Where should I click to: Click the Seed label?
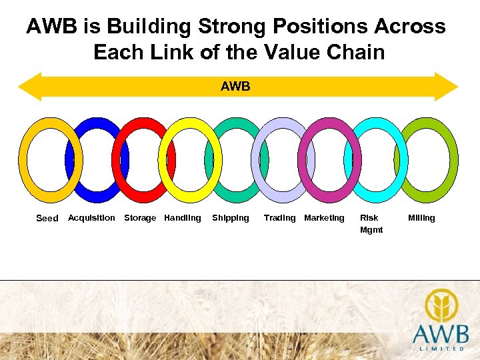[47, 218]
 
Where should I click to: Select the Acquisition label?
[91, 218]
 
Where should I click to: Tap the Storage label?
[140, 218]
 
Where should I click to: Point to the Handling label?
[182, 218]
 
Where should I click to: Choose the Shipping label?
[230, 218]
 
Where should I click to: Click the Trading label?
[279, 218]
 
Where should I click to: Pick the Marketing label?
[324, 218]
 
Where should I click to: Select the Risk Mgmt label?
[371, 223]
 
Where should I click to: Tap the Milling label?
[421, 218]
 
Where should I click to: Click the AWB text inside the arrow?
[235, 86]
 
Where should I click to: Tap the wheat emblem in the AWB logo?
[440, 305]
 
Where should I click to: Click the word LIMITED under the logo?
[440, 348]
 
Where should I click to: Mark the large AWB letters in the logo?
[440, 333]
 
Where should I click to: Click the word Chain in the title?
[358, 51]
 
